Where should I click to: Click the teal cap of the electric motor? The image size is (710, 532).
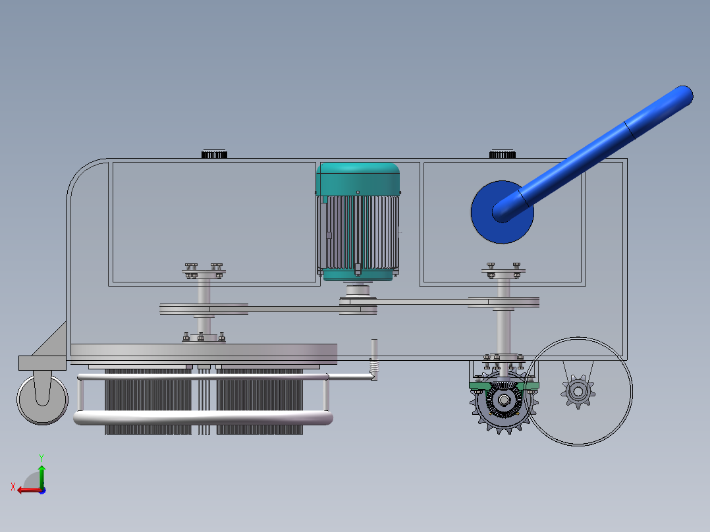point(358,179)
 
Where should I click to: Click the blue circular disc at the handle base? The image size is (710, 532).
point(485,226)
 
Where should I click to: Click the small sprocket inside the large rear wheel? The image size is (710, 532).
point(578,392)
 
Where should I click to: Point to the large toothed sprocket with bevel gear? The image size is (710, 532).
point(503,401)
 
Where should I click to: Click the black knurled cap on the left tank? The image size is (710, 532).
point(214,154)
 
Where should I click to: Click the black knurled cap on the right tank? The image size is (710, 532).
point(503,154)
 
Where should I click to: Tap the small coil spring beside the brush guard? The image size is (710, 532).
point(373,365)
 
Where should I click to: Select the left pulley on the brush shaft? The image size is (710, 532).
point(204,309)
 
